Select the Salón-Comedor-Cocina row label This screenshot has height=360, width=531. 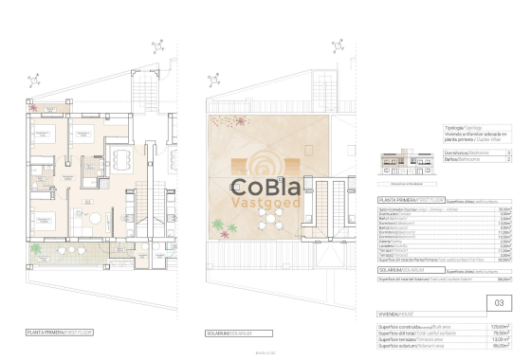point(403,210)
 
